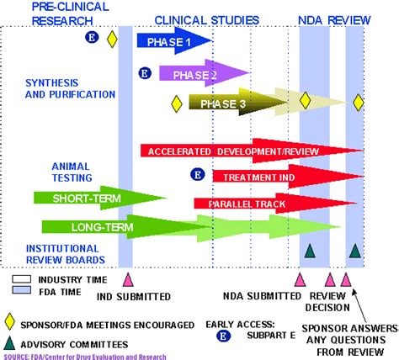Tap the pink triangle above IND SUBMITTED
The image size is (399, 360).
click(x=128, y=279)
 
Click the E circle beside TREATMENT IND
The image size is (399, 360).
click(x=197, y=175)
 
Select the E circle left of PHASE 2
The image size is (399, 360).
click(x=145, y=75)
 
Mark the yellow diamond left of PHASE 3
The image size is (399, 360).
click(x=177, y=104)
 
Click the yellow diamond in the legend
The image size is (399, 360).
click(x=9, y=321)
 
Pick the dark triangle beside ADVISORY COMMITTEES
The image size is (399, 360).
click(x=9, y=343)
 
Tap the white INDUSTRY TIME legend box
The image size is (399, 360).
click(x=22, y=276)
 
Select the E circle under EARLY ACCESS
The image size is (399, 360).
click(x=224, y=336)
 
